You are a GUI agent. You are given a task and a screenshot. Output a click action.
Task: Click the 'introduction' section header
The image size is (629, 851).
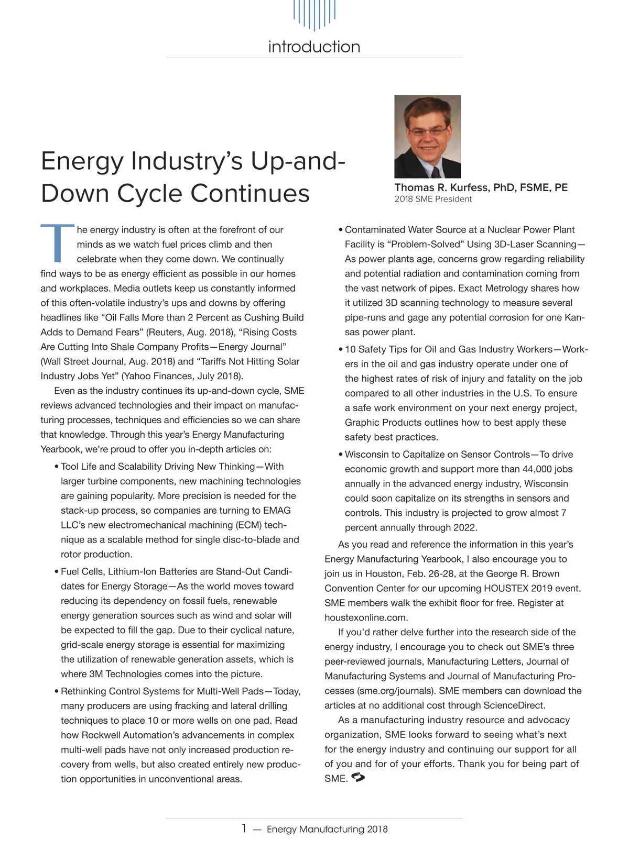pos(314,47)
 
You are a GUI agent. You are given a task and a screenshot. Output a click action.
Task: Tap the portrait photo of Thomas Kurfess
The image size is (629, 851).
pos(427,136)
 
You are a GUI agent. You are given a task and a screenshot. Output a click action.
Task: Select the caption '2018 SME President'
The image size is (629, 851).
pos(433,199)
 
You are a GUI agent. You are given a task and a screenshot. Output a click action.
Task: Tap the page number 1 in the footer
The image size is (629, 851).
pos(244,828)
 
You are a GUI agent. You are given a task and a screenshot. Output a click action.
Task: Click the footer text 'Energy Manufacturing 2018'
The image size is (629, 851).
pos(327,829)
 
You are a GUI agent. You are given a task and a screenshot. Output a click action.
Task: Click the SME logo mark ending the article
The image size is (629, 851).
pos(359,778)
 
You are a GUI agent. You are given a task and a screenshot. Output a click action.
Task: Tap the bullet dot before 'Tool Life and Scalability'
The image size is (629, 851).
pos(56,467)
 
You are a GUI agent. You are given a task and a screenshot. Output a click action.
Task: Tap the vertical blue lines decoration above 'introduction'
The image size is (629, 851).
pos(314,15)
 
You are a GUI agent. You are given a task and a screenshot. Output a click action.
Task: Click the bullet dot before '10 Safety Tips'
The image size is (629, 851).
pos(340,349)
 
